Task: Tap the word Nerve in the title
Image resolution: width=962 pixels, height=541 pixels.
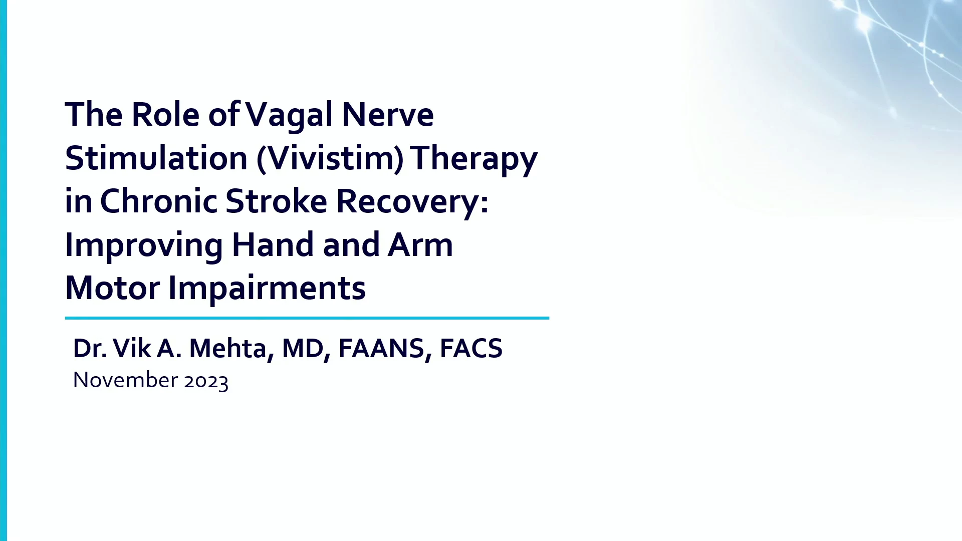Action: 388,114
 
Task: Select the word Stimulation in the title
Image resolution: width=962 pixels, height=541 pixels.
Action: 156,158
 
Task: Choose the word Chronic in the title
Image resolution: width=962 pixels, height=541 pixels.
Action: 159,201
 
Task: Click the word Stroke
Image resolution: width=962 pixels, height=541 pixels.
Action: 277,201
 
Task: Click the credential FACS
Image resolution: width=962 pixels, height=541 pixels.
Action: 471,349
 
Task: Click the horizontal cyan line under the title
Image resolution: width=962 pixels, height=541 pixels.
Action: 307,318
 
